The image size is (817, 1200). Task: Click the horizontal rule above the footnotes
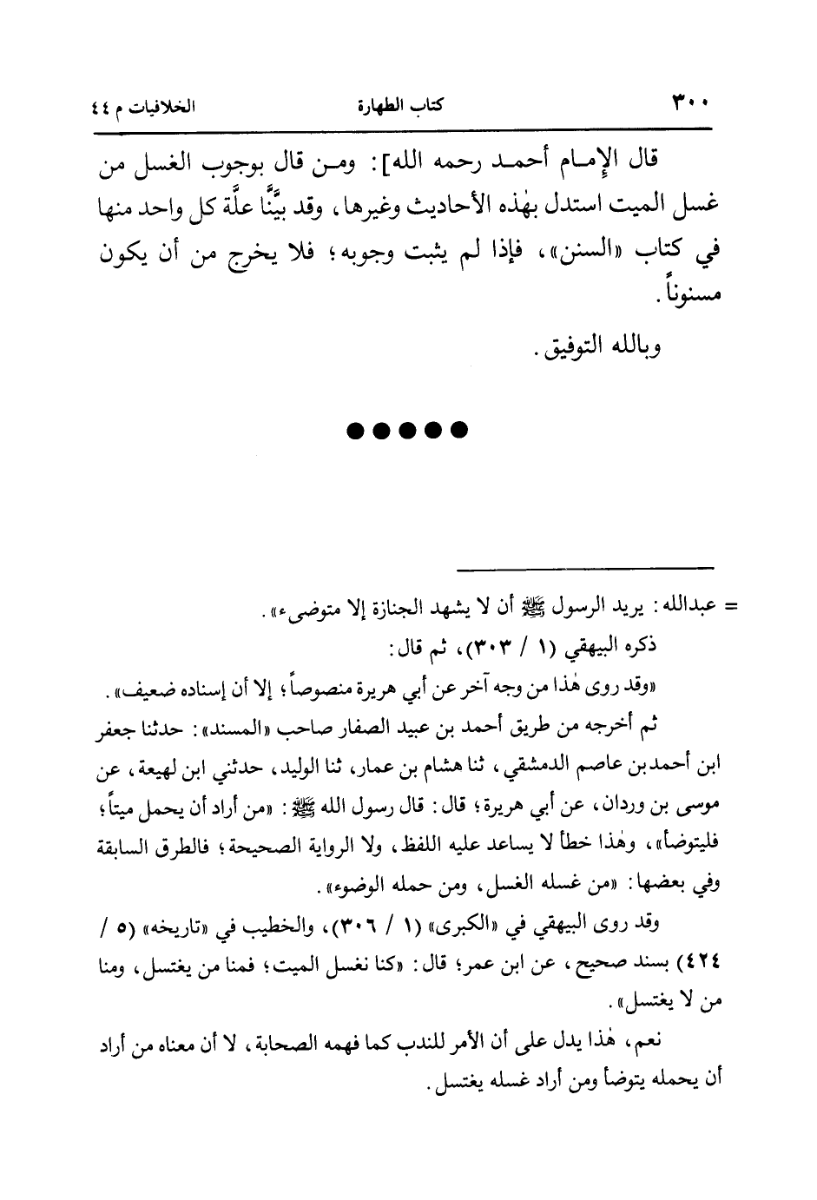tap(584, 569)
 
